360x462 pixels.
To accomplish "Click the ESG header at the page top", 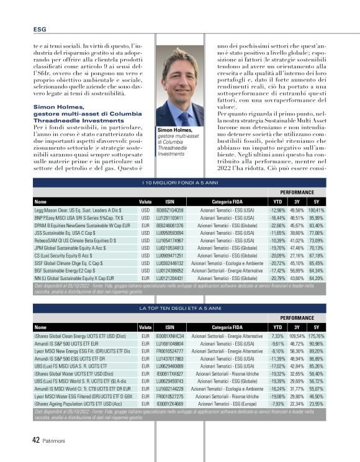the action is [x=38, y=29].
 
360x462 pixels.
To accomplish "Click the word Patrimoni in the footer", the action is [x=56, y=440].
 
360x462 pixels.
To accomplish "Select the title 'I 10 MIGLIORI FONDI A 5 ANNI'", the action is [x=180, y=183].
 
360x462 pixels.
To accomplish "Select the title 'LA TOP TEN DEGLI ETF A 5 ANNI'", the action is [x=180, y=307].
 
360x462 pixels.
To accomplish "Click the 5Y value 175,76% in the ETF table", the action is [x=317, y=335].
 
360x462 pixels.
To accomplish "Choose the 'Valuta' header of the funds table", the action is [x=145, y=202].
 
